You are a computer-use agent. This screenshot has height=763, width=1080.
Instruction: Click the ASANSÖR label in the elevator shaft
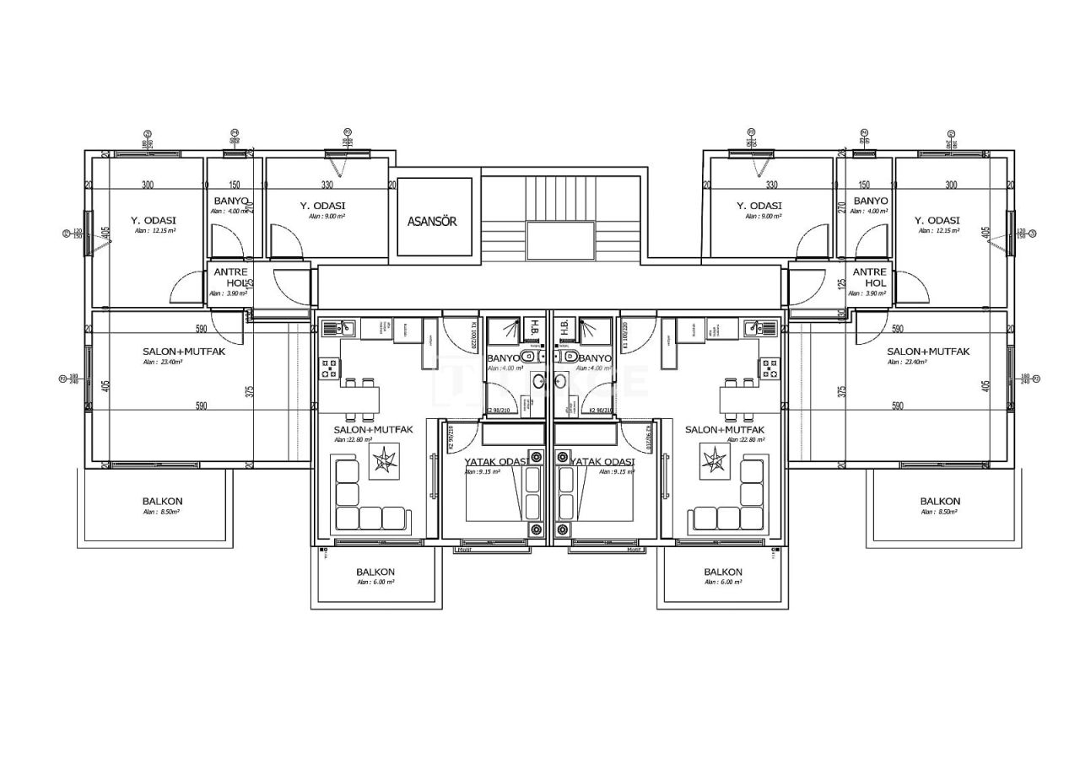tap(432, 222)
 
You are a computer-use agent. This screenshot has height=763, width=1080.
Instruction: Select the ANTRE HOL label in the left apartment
tap(230, 277)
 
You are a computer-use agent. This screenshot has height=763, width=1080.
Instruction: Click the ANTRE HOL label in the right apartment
tap(869, 277)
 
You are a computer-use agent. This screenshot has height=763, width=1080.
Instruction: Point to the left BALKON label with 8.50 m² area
tap(162, 502)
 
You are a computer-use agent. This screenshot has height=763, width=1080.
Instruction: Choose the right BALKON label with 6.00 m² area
tap(723, 572)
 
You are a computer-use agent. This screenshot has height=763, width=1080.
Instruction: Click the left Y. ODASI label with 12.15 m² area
tap(154, 221)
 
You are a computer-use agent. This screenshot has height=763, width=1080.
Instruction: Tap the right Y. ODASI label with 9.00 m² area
tap(759, 206)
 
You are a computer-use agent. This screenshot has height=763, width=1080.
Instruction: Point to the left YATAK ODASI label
tap(497, 462)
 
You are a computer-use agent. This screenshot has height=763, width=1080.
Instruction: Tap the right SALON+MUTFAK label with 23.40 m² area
tap(928, 352)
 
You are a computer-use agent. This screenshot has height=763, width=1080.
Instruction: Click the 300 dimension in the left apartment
tap(148, 185)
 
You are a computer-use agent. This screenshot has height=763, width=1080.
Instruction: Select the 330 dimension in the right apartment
tap(771, 185)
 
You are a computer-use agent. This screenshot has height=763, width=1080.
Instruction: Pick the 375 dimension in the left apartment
tap(250, 392)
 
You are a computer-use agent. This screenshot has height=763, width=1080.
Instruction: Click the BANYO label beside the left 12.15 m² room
tap(230, 201)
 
